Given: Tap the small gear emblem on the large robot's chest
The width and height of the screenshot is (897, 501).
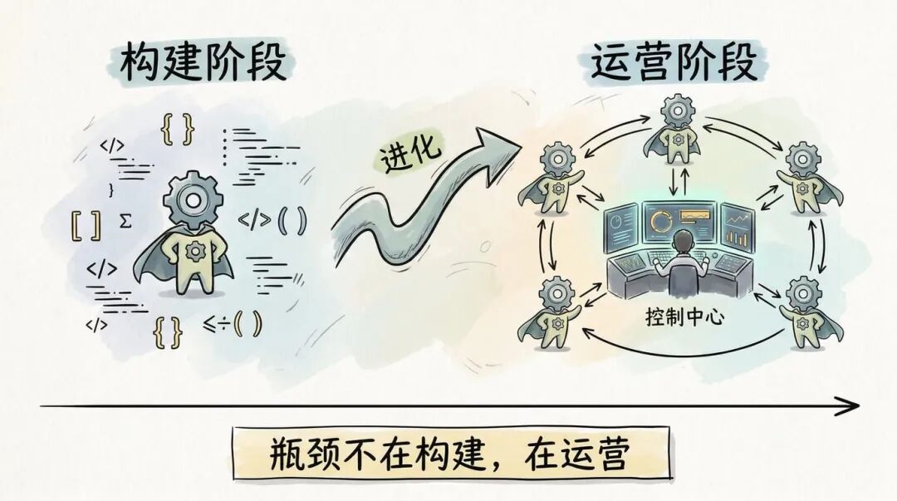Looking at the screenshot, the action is (195, 249).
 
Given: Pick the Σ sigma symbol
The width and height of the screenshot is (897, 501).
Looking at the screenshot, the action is (126, 220).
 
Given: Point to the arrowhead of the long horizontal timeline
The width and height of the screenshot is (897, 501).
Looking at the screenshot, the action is (849, 405).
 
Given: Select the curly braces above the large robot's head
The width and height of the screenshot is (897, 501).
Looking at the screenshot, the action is (178, 130).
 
